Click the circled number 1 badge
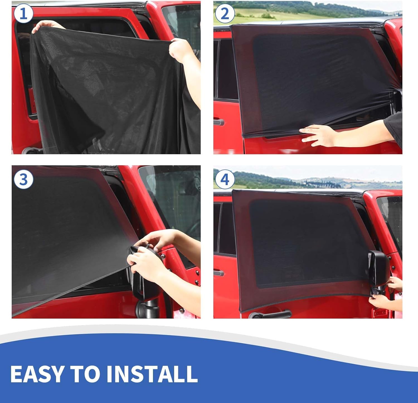coord(23,14)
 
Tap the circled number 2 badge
coord(225,14)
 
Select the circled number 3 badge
coord(23,180)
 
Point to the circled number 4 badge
coord(225,180)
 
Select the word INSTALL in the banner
coord(152,374)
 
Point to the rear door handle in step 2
coord(219,122)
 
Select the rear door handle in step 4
coord(219,273)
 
